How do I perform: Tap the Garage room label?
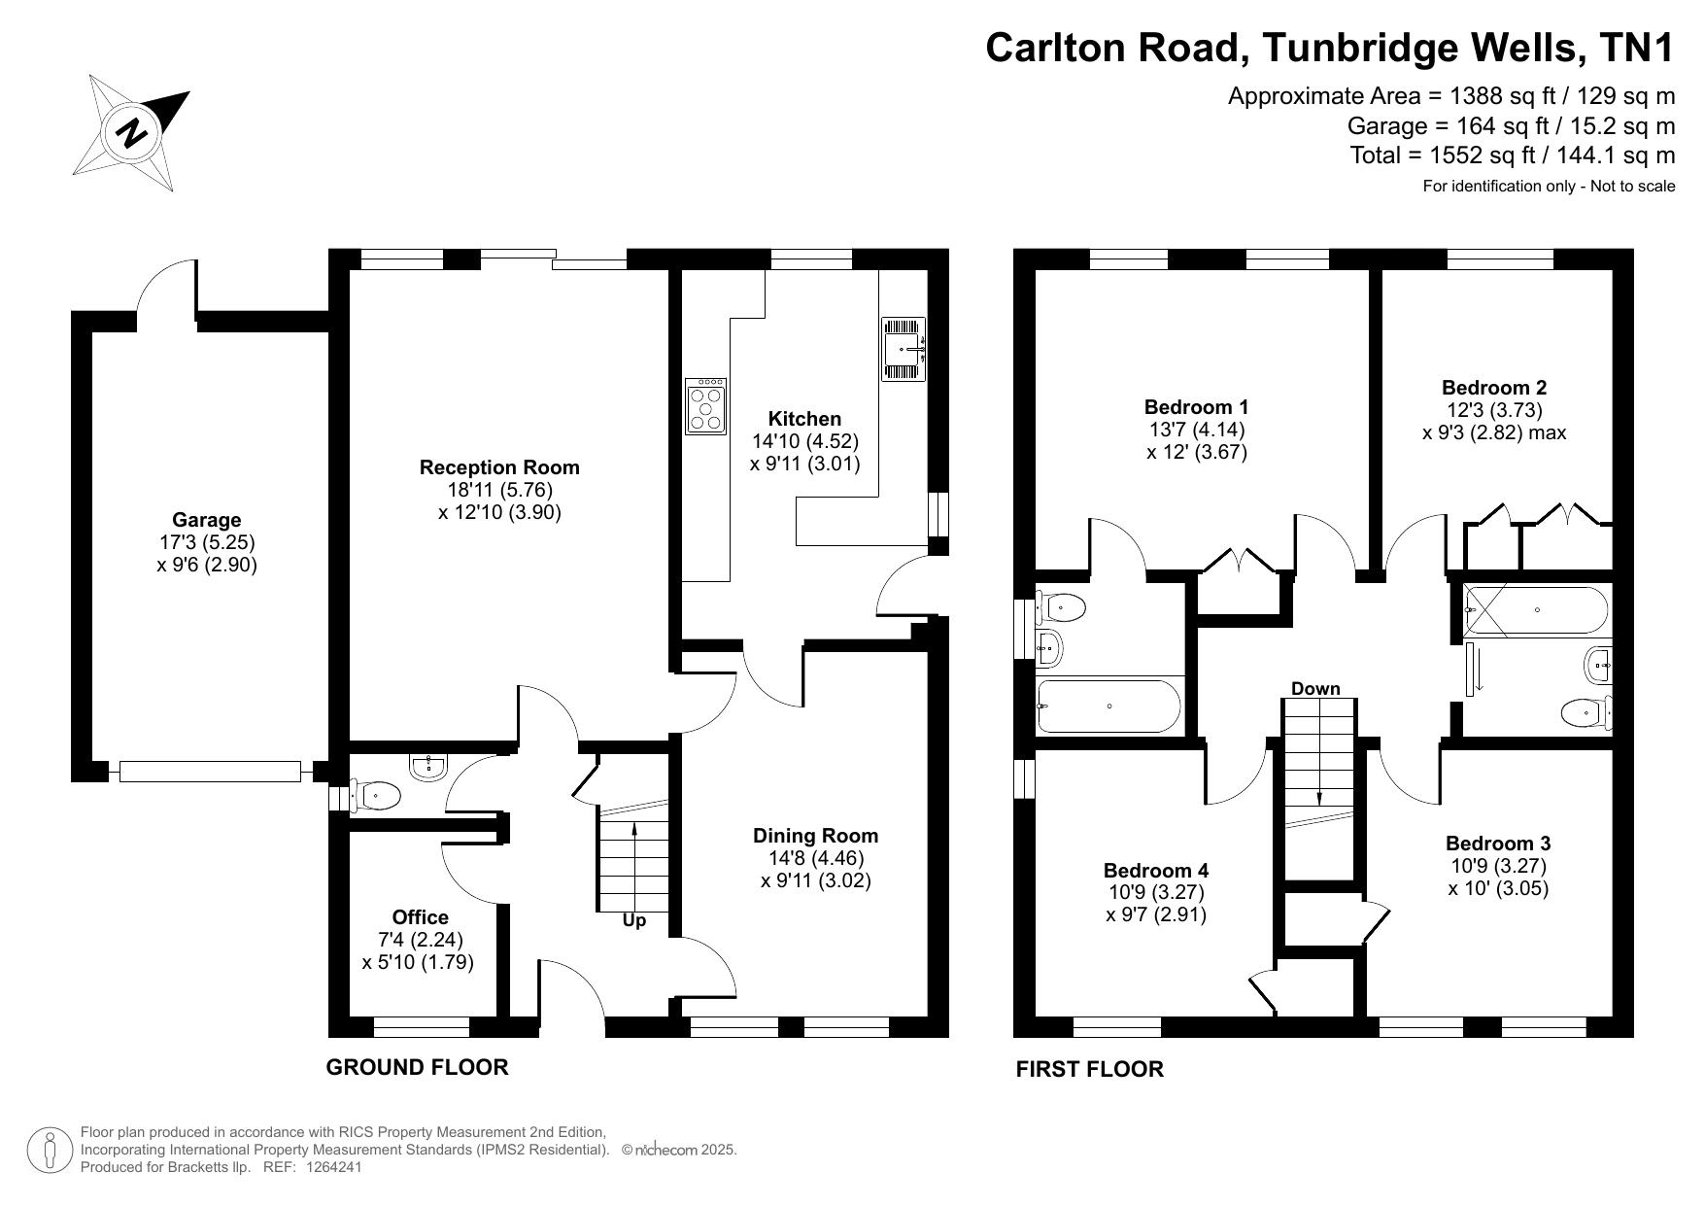tap(207, 520)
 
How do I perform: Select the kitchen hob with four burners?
tap(705, 406)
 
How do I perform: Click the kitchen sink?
tap(904, 349)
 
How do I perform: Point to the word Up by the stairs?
tap(633, 920)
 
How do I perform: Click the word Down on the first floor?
tap(1315, 688)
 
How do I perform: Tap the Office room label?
tap(421, 917)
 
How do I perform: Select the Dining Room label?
tap(816, 836)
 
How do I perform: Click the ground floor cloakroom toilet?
tap(374, 797)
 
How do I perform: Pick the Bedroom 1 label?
tap(1197, 407)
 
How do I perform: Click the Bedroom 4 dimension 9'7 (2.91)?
tap(1156, 914)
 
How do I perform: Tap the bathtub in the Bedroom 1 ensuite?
tap(1108, 706)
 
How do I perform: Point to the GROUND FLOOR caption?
tap(417, 1067)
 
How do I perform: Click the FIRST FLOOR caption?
tap(1089, 1069)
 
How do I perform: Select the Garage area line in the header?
tap(1511, 125)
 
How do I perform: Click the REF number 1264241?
tap(333, 1167)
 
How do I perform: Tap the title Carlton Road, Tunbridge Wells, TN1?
tap(1330, 48)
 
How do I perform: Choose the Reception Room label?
tap(499, 467)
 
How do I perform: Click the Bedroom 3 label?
tap(1498, 844)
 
